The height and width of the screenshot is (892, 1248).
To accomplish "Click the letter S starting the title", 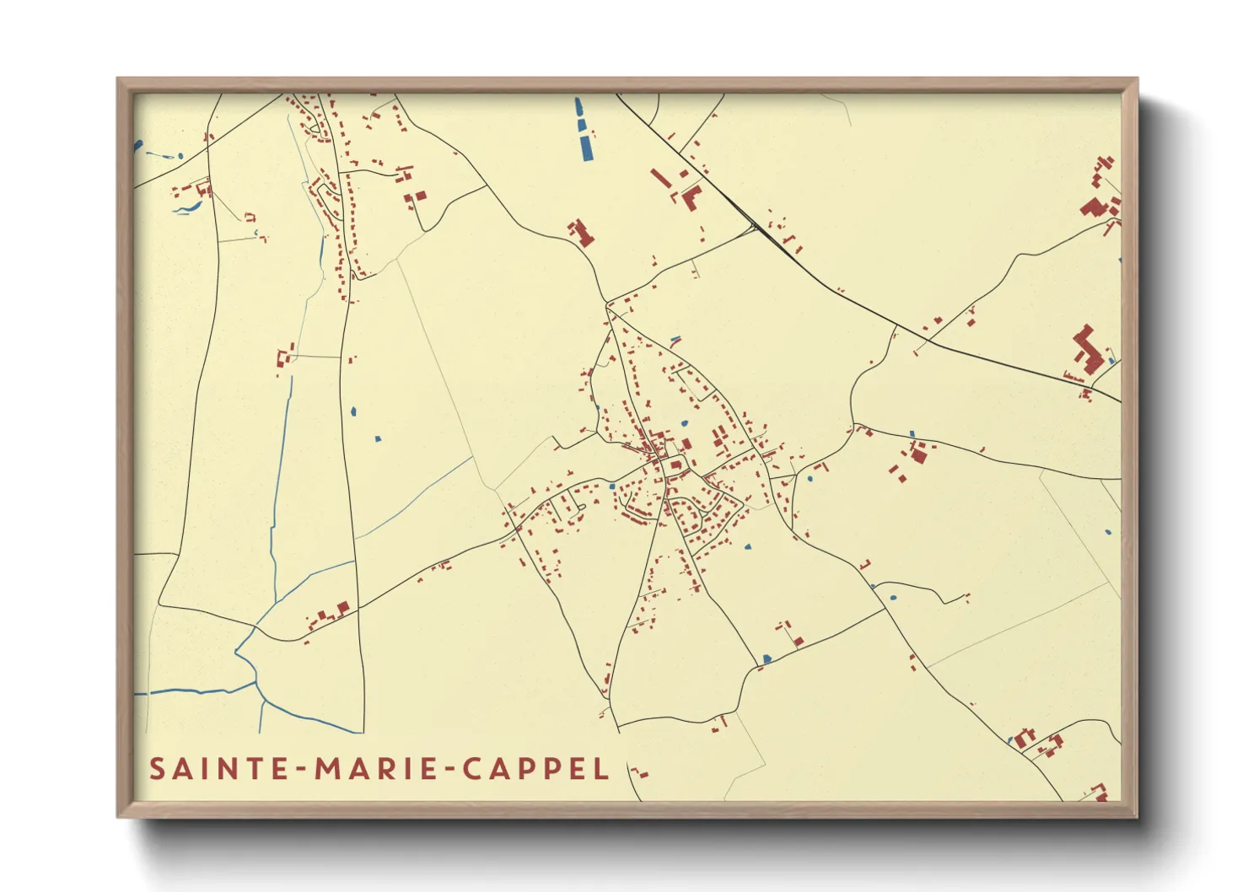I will tap(158, 769).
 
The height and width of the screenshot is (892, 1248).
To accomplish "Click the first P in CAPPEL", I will tap(528, 769).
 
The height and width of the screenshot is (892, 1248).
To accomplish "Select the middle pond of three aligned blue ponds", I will tap(582, 126).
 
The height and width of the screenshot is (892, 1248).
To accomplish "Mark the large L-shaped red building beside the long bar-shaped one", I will tap(691, 197).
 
